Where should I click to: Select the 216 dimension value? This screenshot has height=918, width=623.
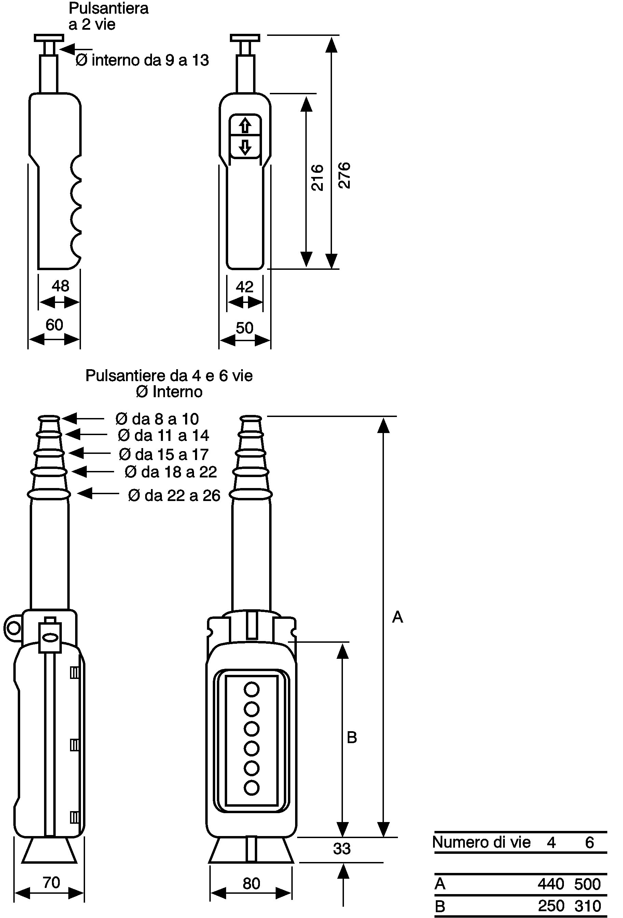(317, 178)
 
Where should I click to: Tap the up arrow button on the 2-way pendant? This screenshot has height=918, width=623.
(245, 126)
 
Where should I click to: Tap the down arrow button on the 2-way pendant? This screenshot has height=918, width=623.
(245, 147)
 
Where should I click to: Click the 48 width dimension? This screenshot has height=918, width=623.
(60, 286)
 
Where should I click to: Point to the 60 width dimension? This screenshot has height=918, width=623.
(54, 325)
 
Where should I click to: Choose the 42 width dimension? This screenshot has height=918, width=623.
(245, 287)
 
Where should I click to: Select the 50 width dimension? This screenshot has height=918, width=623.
(245, 328)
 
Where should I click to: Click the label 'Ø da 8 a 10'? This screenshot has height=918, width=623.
(157, 419)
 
